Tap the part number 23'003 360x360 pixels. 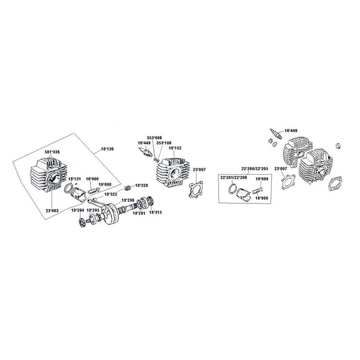52,210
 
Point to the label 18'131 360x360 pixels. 74,179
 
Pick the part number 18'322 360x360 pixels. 111,194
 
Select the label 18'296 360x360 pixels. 128,200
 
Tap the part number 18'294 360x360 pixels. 76,210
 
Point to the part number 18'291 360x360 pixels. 138,213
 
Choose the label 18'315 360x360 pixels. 155,212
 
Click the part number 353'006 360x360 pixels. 154,137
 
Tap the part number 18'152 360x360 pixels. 175,148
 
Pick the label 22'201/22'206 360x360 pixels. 233,178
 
